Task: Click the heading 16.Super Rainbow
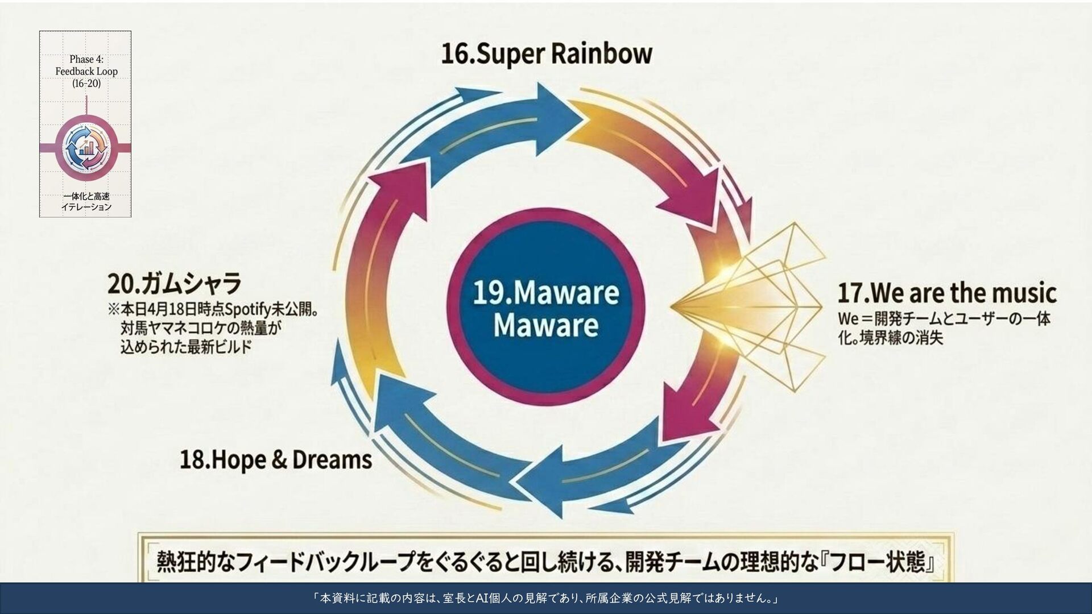click(x=547, y=54)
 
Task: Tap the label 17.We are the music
click(x=947, y=293)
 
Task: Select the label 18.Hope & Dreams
click(x=276, y=460)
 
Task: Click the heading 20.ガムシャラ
click(x=175, y=283)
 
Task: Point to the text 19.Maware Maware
click(x=546, y=309)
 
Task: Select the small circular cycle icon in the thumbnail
click(x=86, y=148)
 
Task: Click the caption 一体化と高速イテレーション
click(x=86, y=201)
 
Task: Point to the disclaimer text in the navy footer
click(x=546, y=598)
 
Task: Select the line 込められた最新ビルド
click(x=186, y=347)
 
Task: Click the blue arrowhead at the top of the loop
click(x=557, y=118)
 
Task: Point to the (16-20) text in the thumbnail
click(x=86, y=84)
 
